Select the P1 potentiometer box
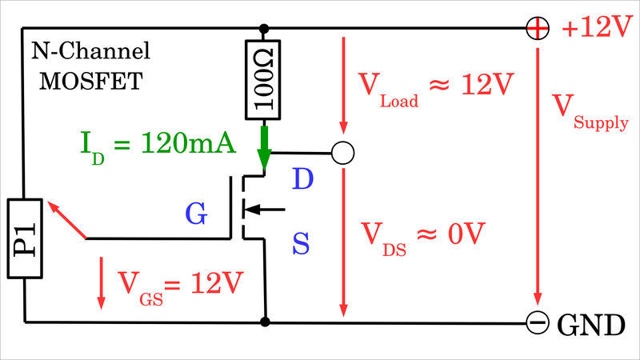(25, 238)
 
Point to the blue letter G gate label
(196, 213)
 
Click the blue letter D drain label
(302, 179)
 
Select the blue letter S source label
(300, 243)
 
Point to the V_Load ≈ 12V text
(436, 87)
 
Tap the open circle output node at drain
(342, 152)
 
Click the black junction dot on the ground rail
(265, 322)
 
